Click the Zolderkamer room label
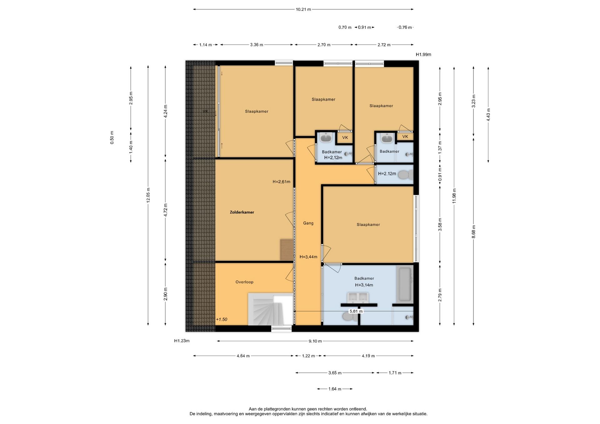tap(242, 212)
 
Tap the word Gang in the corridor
tap(308, 223)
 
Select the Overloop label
tap(244, 282)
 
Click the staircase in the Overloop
tap(270, 309)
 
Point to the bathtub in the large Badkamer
tap(405, 284)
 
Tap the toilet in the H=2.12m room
tap(406, 175)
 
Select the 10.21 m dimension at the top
tap(303, 9)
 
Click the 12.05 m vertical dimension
tap(148, 195)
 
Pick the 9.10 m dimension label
tap(315, 341)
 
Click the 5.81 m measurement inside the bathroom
tap(356, 311)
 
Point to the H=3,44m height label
tap(308, 257)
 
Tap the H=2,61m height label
tap(281, 182)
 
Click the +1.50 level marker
tap(222, 319)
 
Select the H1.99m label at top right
tap(423, 55)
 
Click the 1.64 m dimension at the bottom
tap(335, 389)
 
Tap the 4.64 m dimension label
tap(243, 356)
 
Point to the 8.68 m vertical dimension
tap(474, 232)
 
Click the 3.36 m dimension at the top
tap(257, 45)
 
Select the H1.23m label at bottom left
tap(182, 341)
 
